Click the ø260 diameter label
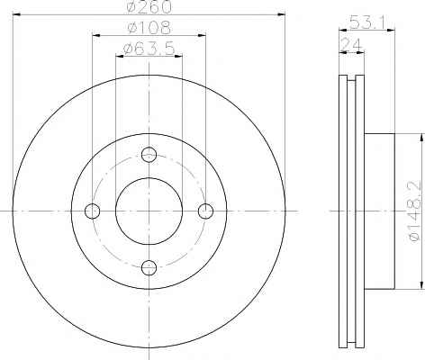pyautogui.click(x=149, y=6)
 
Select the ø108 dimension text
pyautogui.click(x=149, y=27)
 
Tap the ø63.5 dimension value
pyautogui.click(x=149, y=49)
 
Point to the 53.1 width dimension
pyautogui.click(x=366, y=22)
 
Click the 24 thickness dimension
pyautogui.click(x=351, y=45)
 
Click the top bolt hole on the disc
pyautogui.click(x=149, y=155)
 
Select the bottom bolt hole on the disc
pyautogui.click(x=149, y=267)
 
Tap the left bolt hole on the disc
pyautogui.click(x=92, y=211)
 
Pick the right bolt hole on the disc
pyautogui.click(x=205, y=211)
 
